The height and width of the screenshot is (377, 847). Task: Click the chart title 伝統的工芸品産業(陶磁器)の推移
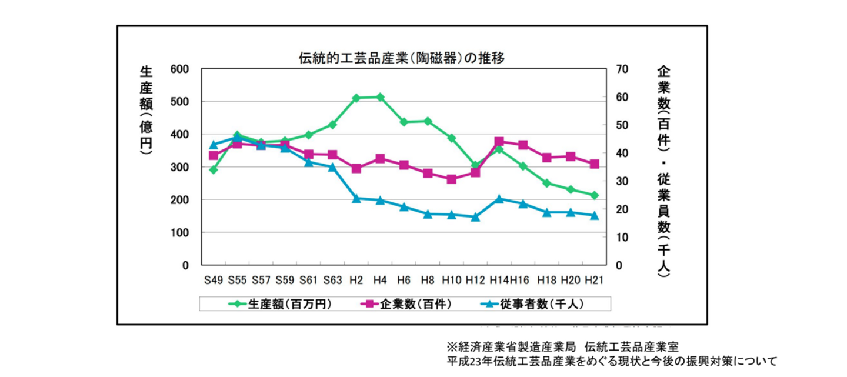pyautogui.click(x=402, y=58)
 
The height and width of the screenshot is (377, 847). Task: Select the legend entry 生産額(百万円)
pyautogui.click(x=280, y=303)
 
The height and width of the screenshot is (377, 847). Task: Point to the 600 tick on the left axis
pyautogui.click(x=179, y=69)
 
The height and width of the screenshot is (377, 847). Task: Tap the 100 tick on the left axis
pyautogui.click(x=179, y=233)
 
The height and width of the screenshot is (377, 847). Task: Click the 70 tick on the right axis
pyautogui.click(x=622, y=69)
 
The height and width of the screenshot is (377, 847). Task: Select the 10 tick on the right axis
pyautogui.click(x=622, y=238)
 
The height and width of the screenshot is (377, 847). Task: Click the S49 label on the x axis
pyautogui.click(x=214, y=279)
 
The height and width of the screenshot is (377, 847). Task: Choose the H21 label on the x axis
pyautogui.click(x=595, y=279)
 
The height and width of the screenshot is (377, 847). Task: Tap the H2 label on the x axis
pyautogui.click(x=356, y=279)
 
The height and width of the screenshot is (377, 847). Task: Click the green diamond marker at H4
pyautogui.click(x=380, y=97)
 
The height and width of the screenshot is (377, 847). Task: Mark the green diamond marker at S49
pyautogui.click(x=214, y=170)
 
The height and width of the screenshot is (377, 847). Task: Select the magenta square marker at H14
pyautogui.click(x=499, y=141)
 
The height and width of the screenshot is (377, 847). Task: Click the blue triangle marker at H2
pyautogui.click(x=356, y=198)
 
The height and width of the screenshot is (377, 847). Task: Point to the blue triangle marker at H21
pyautogui.click(x=595, y=215)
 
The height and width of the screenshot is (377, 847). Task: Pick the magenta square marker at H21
pyautogui.click(x=595, y=164)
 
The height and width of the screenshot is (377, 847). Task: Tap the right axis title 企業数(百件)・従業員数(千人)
pyautogui.click(x=663, y=171)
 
